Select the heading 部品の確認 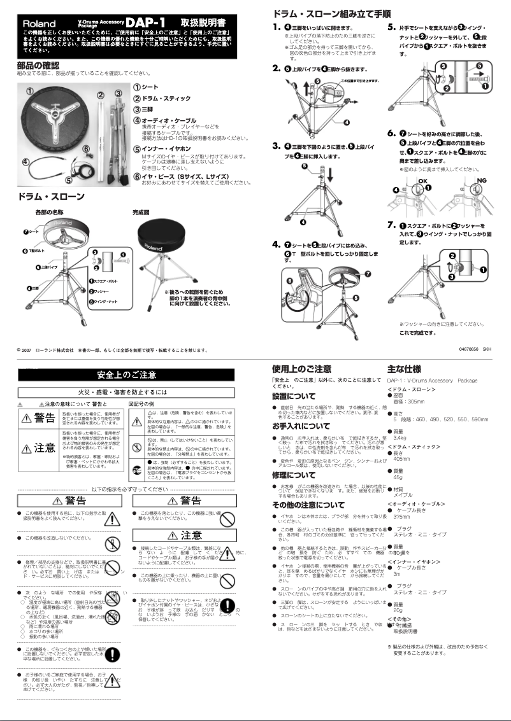coord(38,65)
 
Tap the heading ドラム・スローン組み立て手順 coord(331,13)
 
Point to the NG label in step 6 coord(482,180)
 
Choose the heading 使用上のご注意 coord(301,368)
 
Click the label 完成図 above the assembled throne coord(141,211)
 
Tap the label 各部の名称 coord(49,211)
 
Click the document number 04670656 coord(469,349)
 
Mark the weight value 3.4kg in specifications coord(400,438)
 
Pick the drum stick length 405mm coord(401,459)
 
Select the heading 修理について coord(294,475)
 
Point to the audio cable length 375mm coord(401,517)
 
